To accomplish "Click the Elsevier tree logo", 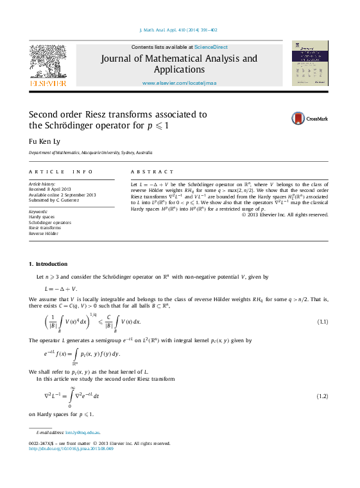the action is [48, 64].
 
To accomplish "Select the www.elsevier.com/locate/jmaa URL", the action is [178, 83].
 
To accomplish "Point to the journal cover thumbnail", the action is [310, 63].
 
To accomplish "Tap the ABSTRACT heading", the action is [152, 172].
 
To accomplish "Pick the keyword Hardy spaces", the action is [42, 217].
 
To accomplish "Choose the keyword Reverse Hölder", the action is [44, 233].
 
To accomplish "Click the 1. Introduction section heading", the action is [48, 264].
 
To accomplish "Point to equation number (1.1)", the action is [323, 321].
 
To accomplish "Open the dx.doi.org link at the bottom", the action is [71, 449].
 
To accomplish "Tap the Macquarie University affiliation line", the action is [90, 153].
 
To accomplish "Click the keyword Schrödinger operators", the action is [50, 222].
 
